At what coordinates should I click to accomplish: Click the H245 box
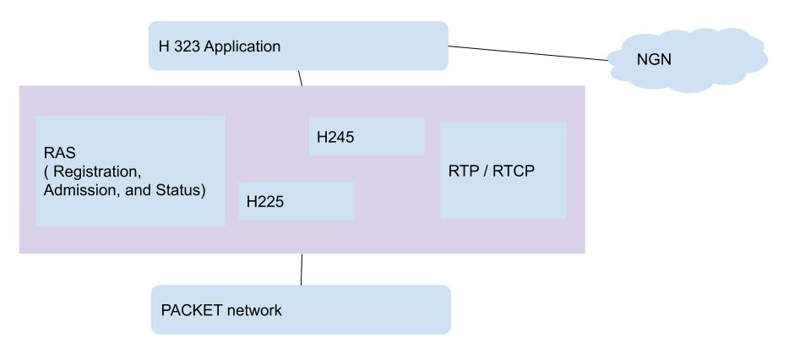pyautogui.click(x=366, y=136)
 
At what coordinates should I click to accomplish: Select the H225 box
pyautogui.click(x=296, y=201)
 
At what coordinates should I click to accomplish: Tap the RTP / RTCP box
pyautogui.click(x=503, y=170)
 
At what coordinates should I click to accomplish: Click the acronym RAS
pyautogui.click(x=57, y=154)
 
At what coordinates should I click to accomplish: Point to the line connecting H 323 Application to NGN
pyautogui.click(x=528, y=53)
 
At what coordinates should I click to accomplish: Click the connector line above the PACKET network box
pyautogui.click(x=302, y=270)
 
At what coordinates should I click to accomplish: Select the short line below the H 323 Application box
pyautogui.click(x=299, y=78)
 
